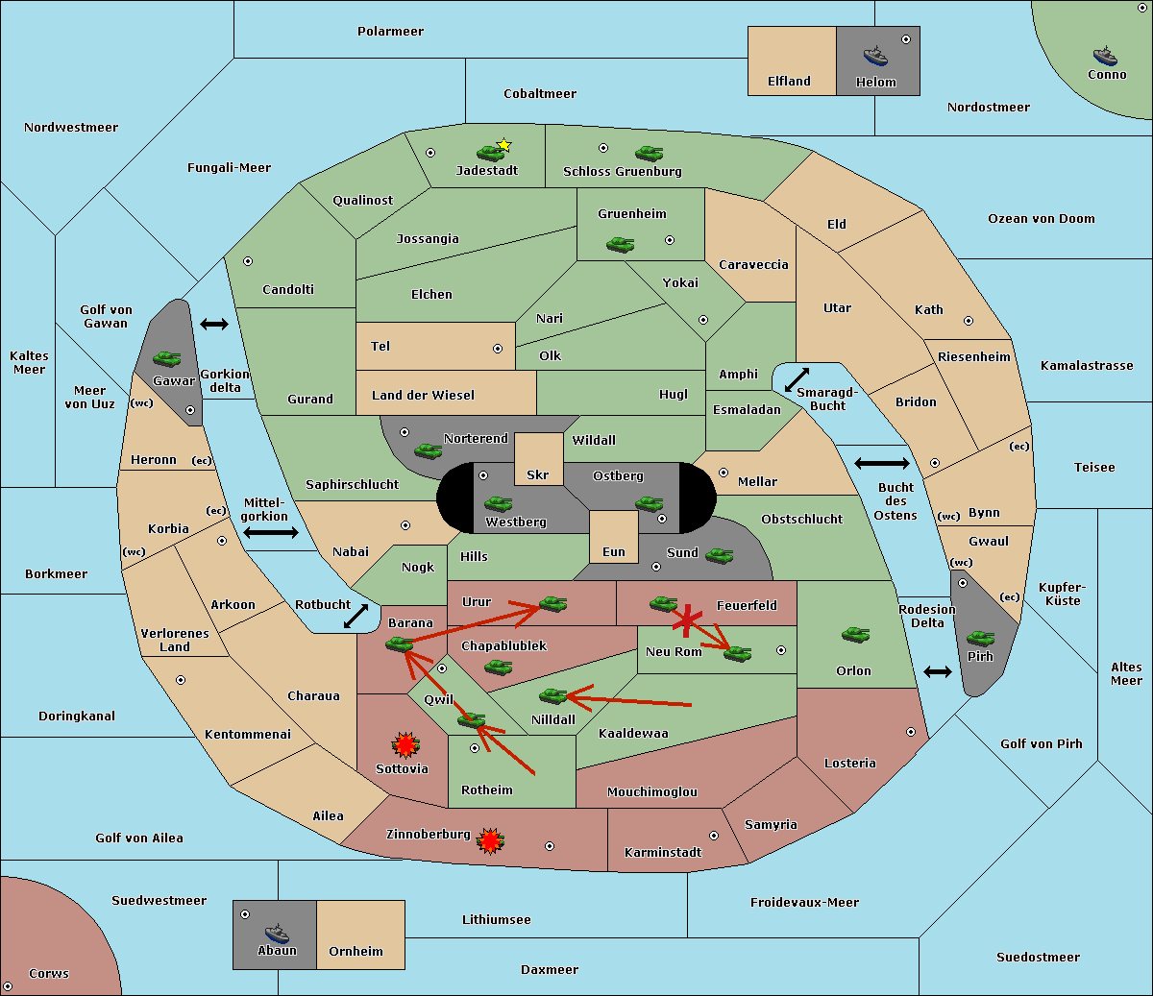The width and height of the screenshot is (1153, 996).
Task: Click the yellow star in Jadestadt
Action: point(503,145)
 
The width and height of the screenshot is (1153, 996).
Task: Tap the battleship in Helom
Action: point(875,56)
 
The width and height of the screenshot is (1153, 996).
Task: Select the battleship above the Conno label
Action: point(1105,56)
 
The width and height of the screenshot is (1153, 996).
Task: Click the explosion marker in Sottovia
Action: point(405,745)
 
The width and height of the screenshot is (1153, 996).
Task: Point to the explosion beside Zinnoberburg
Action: point(490,841)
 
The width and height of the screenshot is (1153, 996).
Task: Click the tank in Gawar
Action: point(167,358)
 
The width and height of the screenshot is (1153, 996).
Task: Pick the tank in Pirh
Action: point(981,638)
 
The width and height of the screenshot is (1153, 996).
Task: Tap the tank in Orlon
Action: point(856,635)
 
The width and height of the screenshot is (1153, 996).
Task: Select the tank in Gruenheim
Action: point(621,244)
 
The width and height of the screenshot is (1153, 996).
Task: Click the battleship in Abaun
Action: point(277,933)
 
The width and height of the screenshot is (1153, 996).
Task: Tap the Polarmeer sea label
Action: point(390,32)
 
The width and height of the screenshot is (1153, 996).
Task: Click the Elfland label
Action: point(789,82)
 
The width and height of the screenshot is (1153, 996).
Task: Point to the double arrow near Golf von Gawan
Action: point(214,324)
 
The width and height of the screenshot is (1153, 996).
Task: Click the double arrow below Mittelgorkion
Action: point(271,532)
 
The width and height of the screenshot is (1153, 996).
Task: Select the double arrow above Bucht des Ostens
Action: point(882,463)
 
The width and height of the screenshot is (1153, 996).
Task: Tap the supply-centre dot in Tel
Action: point(498,349)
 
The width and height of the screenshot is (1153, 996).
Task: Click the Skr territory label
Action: point(538,475)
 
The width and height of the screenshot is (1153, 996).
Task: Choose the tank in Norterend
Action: point(428,450)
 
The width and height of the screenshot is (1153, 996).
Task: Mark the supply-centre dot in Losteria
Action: point(910,732)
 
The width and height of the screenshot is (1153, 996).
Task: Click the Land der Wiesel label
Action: point(423,396)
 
